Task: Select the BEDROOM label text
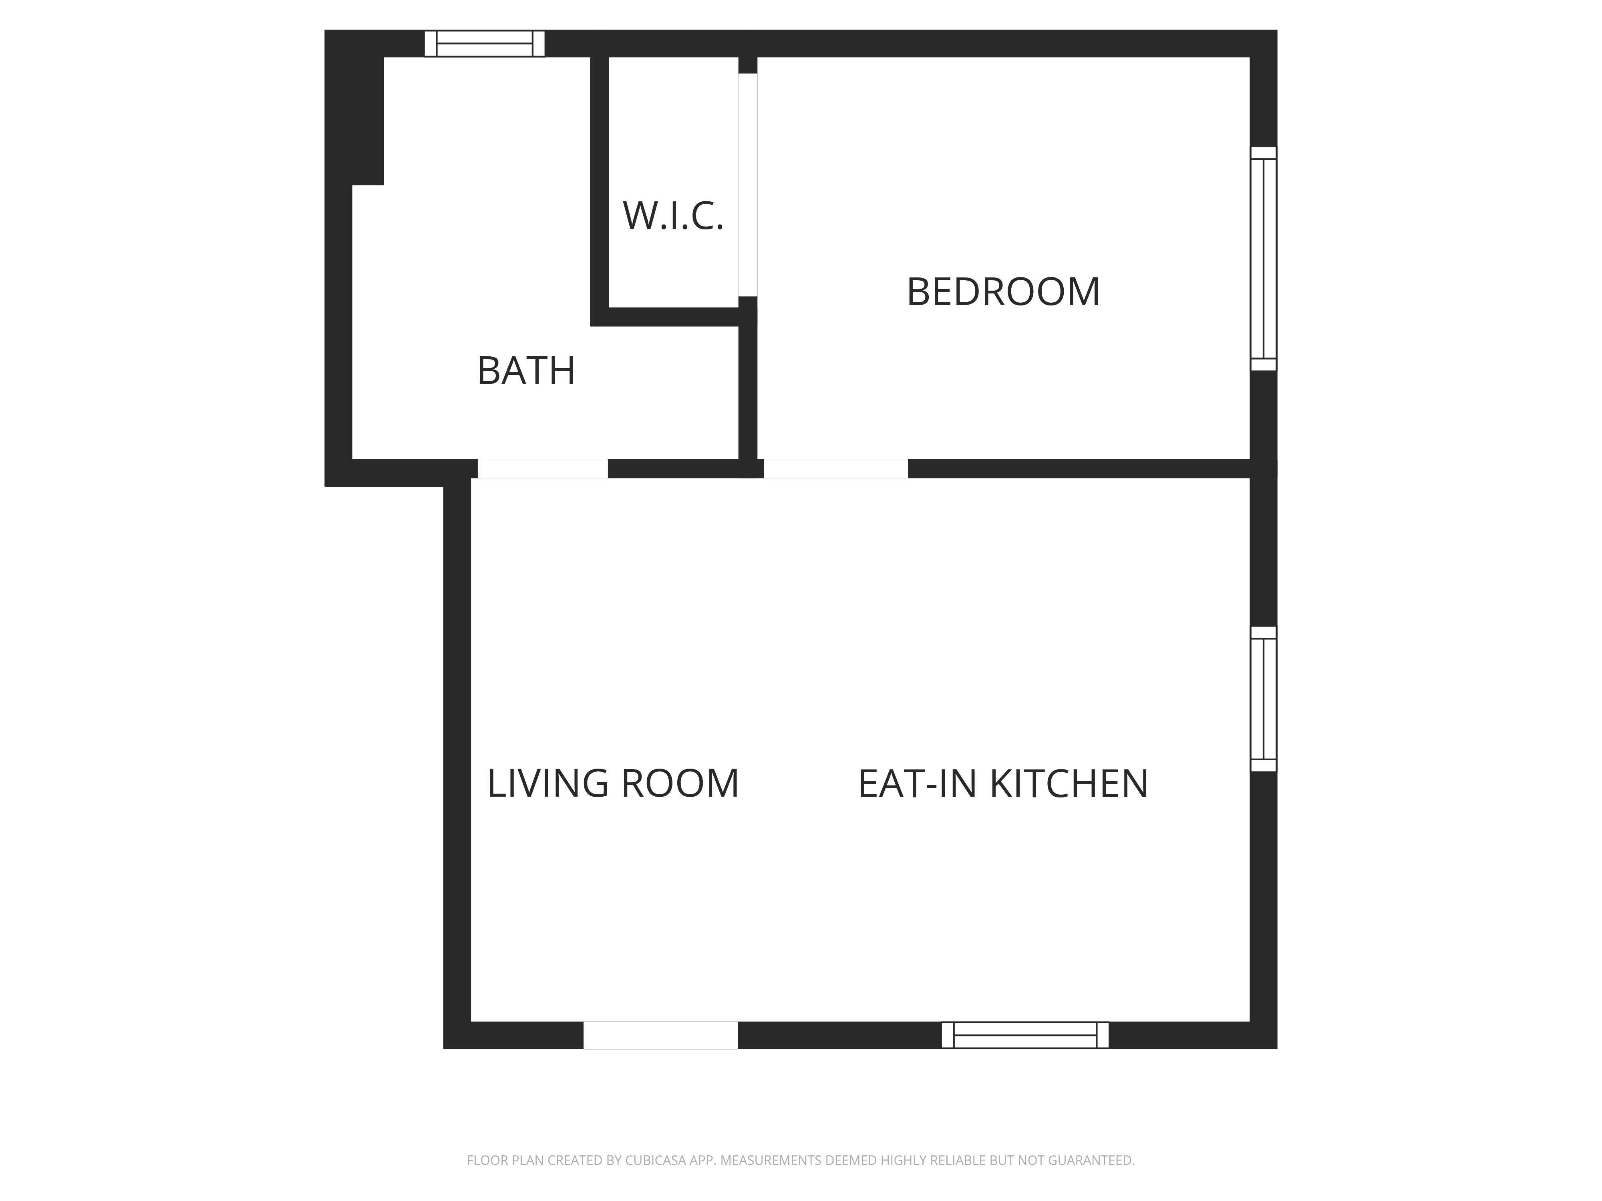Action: [1003, 292]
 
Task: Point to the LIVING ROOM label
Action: [613, 783]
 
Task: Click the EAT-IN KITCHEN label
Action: [1003, 783]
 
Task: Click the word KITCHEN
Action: [1069, 783]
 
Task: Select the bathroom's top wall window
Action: [485, 43]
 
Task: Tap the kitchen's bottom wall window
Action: [1025, 1035]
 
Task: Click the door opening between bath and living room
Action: [542, 468]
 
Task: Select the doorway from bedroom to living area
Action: [836, 468]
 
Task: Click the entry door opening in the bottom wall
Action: [660, 1035]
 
